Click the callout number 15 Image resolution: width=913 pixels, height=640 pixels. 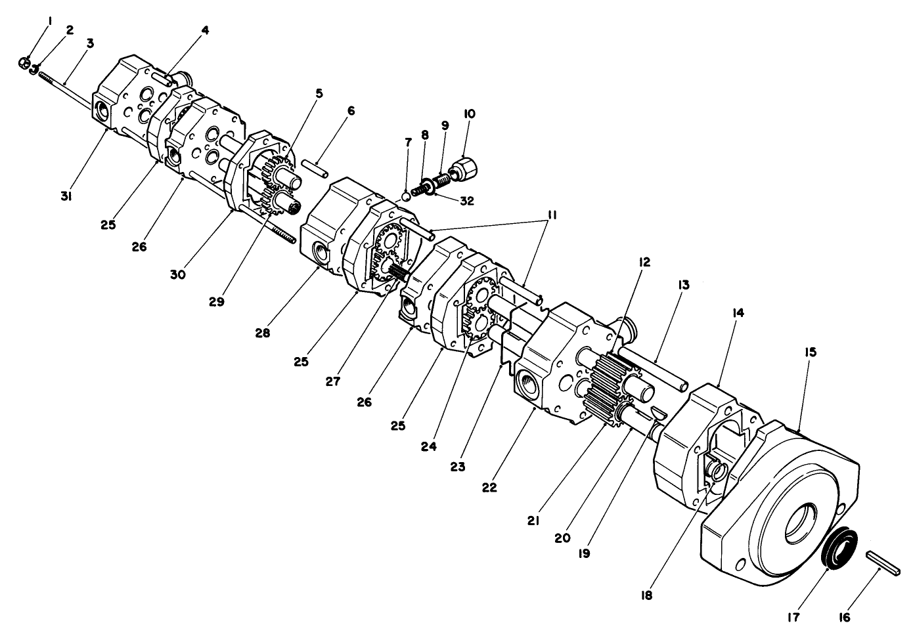click(810, 352)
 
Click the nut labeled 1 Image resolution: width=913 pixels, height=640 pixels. click(23, 62)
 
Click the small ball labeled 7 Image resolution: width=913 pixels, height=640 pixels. click(407, 195)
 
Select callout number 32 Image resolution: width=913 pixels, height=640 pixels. click(468, 201)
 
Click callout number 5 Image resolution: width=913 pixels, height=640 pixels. click(319, 93)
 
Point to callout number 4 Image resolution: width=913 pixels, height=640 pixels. click(205, 30)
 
